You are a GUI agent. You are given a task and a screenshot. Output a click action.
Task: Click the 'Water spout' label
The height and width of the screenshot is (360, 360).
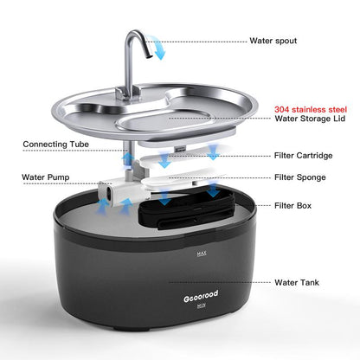click(273, 40)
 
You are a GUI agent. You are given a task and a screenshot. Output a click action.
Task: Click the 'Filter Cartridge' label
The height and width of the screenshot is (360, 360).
click(303, 156)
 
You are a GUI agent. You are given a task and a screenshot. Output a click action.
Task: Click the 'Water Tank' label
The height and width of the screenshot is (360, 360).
click(296, 281)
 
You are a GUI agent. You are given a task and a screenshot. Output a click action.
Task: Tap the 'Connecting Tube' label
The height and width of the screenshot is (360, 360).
click(54, 144)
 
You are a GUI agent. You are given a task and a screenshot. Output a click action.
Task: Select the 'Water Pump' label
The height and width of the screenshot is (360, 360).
click(45, 177)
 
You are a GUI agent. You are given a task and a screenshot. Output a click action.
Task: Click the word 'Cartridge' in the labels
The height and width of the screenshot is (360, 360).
click(314, 156)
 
